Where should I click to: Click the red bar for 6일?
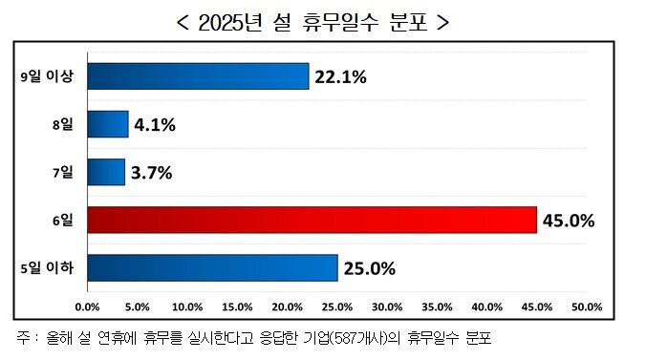point(312,221)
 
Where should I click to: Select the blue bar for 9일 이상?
point(198,76)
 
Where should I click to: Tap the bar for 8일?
point(107,124)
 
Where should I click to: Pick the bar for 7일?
point(105,172)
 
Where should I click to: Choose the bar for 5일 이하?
point(212,268)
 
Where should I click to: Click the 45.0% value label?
point(569,222)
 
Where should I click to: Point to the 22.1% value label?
point(340,77)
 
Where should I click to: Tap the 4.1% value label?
point(155,125)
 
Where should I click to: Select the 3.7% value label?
point(152,173)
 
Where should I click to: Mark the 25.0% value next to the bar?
point(369,269)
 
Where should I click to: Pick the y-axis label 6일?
point(64,221)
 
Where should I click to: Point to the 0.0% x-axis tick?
point(87,307)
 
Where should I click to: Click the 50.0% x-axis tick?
point(586,307)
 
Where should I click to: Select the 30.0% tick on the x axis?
point(386,307)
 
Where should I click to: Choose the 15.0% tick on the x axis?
point(237,307)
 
